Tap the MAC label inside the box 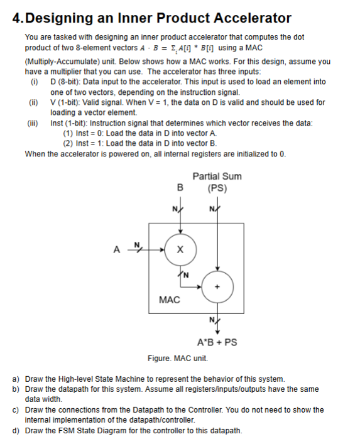[170, 300]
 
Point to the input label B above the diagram [180, 187]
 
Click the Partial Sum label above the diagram [217, 176]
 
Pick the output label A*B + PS [217, 343]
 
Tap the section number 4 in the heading [16, 18]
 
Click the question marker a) [17, 379]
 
